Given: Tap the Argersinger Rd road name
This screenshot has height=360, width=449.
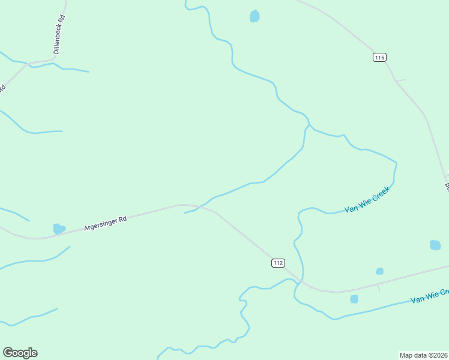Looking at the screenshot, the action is (105, 223).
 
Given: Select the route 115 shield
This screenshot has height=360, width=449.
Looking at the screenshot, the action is (379, 57).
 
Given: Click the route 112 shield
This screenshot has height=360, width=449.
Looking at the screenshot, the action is (277, 263).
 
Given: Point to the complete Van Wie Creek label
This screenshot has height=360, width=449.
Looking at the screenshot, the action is (367, 200).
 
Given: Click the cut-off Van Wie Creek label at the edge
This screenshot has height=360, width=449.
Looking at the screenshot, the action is (429, 296).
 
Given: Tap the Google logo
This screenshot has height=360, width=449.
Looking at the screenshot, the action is (20, 353).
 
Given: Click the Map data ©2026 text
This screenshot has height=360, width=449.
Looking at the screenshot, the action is (424, 355).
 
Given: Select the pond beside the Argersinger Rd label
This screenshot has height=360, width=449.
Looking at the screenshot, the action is (58, 229).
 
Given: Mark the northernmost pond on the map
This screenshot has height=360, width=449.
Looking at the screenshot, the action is (255, 16).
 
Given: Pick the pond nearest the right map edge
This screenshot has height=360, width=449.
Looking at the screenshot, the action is (435, 245).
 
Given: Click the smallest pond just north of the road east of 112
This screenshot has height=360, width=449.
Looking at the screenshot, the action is (379, 271).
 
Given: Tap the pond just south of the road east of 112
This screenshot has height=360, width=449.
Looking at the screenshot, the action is (354, 299).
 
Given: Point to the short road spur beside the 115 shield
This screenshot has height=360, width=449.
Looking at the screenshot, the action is (400, 80).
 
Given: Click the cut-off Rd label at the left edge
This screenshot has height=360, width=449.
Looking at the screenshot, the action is (2, 88).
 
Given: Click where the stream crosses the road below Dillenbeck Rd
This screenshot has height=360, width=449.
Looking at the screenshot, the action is (27, 63).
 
